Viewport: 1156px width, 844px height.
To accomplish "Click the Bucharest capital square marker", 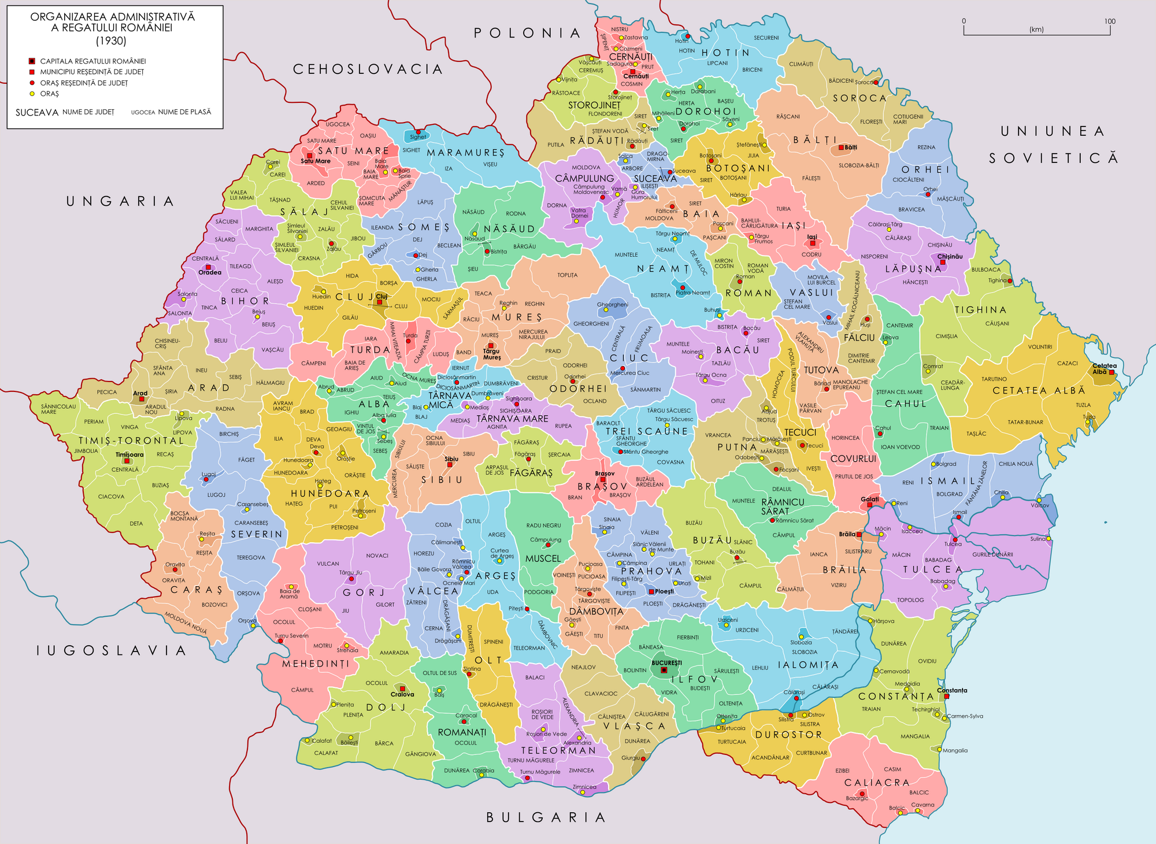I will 664,670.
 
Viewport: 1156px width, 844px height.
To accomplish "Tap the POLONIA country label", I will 527,34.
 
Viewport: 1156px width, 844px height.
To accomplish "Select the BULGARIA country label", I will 546,817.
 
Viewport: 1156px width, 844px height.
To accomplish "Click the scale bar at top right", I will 1036,34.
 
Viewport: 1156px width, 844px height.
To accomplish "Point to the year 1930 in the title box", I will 112,41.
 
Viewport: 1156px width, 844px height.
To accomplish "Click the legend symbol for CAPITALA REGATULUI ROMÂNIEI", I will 32,61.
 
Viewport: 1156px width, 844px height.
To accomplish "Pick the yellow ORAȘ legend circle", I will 32,94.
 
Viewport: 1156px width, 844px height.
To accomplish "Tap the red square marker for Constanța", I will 946,697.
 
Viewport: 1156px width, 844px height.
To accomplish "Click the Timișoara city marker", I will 127,461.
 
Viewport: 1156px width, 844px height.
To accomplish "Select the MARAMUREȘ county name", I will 465,153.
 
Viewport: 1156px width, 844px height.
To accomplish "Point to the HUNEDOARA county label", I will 330,493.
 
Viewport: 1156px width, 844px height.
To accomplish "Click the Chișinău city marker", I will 943,262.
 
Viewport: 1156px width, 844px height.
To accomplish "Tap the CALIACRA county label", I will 877,782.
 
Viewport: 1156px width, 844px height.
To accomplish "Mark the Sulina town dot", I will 1048,539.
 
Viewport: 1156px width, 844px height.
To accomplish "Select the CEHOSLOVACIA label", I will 368,69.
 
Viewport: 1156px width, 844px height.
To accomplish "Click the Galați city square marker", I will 869,505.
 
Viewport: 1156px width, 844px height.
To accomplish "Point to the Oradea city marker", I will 208,267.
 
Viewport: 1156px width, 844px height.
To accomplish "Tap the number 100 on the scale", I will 1109,21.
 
